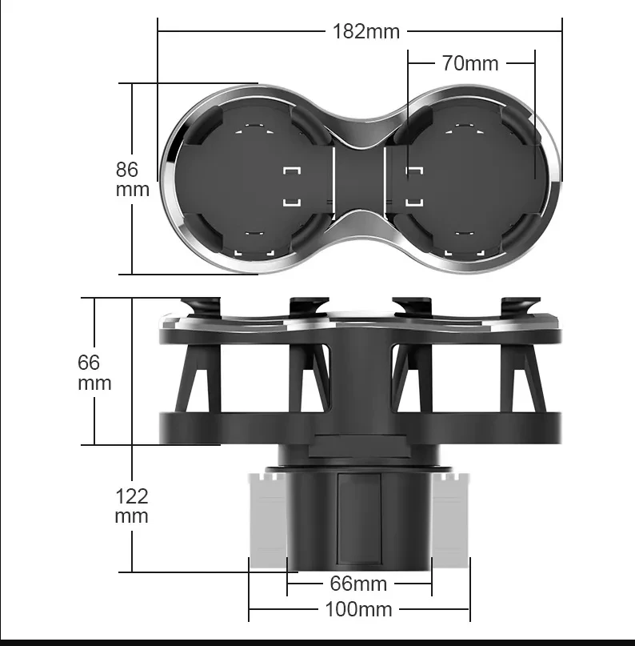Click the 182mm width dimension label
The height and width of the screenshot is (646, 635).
[x=365, y=32]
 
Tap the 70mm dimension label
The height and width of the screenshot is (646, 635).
[x=470, y=63]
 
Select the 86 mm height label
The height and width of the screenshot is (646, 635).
[x=132, y=179]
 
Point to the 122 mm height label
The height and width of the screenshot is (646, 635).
[x=131, y=506]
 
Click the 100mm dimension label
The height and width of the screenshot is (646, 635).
[x=358, y=609]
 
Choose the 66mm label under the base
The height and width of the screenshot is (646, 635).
[x=358, y=584]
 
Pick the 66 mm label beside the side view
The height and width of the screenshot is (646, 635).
[x=94, y=373]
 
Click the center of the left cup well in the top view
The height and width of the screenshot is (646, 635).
[x=253, y=179]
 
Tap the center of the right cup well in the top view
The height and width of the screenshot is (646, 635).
[x=467, y=179]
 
